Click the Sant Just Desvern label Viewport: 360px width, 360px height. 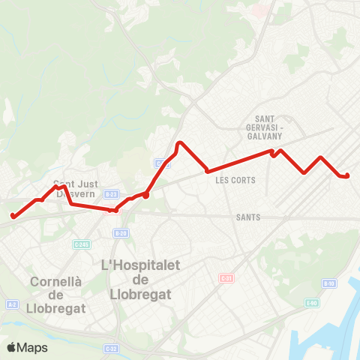tap(73, 187)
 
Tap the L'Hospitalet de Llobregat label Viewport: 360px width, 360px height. tap(136, 279)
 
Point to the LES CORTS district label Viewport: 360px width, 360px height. tap(235, 180)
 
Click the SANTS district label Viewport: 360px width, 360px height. tap(247, 217)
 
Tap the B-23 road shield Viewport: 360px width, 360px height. tap(111, 194)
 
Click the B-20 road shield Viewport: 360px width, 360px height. tap(121, 233)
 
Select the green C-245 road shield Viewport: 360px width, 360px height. tap(82, 244)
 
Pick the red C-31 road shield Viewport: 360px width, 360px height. tap(226, 278)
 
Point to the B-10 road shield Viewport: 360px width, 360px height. tap(328, 283)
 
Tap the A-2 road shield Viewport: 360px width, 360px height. tap(12, 304)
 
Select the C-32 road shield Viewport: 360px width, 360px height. tap(111, 348)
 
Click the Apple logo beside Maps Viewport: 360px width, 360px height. tap(12, 347)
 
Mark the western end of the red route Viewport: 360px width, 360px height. tap(13, 217)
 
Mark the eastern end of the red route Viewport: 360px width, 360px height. tap(347, 176)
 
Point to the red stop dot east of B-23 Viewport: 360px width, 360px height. tap(146, 196)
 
